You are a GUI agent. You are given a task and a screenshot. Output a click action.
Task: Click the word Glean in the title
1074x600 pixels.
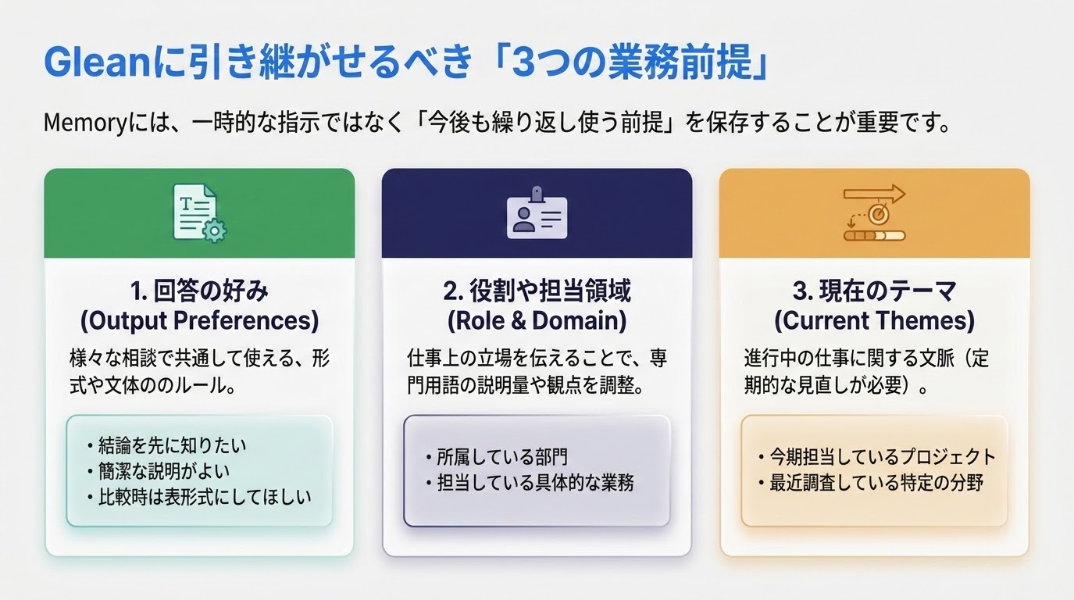(98, 62)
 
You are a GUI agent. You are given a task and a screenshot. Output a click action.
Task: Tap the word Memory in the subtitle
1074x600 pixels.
(85, 123)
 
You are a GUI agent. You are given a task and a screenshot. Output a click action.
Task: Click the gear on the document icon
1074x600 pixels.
(215, 230)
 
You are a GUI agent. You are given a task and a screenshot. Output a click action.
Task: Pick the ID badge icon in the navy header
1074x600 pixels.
(537, 212)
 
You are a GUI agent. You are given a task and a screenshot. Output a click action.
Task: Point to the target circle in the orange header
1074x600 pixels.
(878, 214)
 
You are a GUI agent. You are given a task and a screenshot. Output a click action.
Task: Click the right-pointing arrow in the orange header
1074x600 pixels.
(874, 195)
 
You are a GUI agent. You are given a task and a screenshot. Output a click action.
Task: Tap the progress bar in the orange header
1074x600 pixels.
(874, 235)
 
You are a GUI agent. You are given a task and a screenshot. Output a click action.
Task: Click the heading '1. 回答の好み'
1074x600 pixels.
(199, 291)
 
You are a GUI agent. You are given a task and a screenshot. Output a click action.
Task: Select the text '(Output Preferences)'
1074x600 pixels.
(199, 320)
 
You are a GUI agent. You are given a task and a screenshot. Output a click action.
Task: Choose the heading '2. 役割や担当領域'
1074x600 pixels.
(537, 291)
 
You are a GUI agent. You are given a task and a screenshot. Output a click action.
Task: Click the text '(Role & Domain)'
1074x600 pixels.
(537, 320)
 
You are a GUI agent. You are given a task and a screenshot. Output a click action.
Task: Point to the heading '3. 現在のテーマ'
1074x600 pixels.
(874, 291)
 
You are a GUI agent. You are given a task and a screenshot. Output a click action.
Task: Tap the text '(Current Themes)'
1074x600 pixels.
(874, 320)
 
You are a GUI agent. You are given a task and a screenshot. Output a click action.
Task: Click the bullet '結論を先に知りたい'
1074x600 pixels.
(167, 445)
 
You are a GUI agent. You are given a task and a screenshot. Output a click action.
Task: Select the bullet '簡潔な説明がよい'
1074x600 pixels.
(159, 471)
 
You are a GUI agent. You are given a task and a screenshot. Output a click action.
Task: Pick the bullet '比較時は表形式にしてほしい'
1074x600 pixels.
(199, 498)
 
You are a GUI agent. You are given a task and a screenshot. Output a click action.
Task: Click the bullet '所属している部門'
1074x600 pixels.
(497, 457)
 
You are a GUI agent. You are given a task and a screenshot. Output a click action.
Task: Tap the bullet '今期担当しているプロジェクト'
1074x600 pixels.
(877, 456)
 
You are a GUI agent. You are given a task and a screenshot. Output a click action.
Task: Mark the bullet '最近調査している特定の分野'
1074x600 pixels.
(871, 483)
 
